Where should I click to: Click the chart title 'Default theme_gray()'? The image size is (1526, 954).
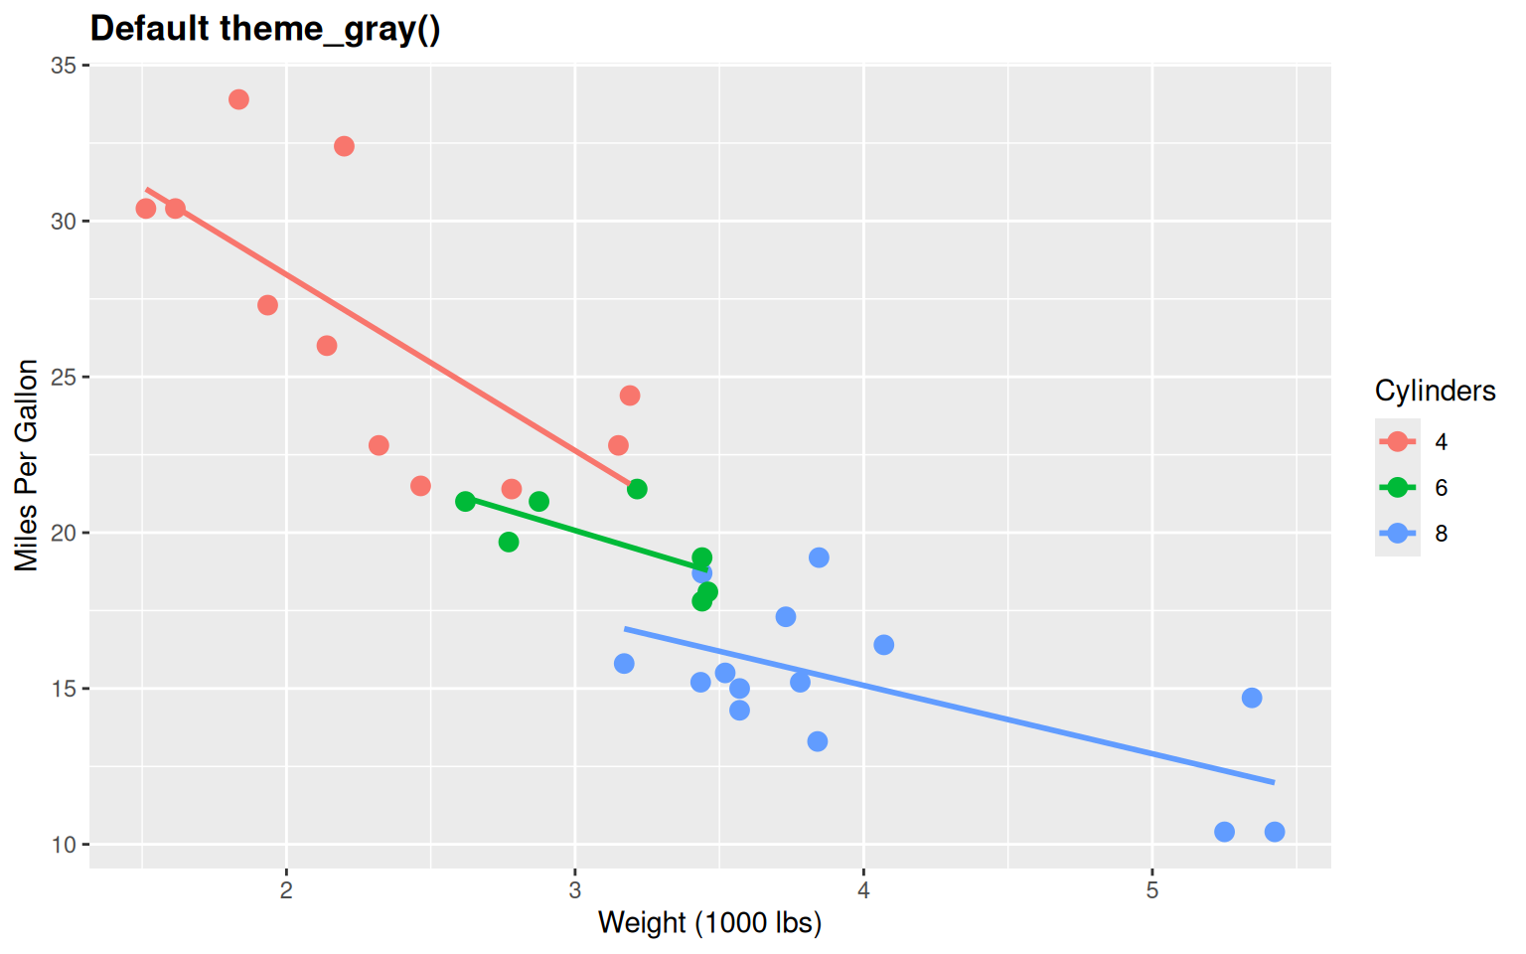coord(265,28)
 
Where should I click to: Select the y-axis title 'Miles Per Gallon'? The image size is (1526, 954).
coord(27,465)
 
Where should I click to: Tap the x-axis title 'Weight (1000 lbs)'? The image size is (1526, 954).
coord(709,922)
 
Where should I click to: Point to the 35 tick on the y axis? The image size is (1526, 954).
coord(64,66)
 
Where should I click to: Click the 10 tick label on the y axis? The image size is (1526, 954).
coord(64,845)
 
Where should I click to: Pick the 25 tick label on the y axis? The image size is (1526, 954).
coord(64,378)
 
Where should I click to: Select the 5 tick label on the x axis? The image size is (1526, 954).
coord(1151,890)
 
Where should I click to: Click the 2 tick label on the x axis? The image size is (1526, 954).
coord(286,890)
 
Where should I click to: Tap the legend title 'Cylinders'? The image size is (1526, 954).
coord(1435,391)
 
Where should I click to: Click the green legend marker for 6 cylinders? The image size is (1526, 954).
coord(1398,487)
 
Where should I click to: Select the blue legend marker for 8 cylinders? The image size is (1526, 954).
coord(1398,533)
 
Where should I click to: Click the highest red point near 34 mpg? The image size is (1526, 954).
coord(238,99)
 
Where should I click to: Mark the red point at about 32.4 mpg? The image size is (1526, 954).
coord(344,146)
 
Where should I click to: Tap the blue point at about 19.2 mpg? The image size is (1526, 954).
coord(819,557)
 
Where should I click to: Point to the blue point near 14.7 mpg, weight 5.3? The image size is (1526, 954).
coord(1252,698)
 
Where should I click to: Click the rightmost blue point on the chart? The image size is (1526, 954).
coord(1275,832)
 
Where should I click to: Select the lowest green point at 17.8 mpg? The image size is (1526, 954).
coord(701,601)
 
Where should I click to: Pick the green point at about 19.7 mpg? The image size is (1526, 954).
coord(509,542)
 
